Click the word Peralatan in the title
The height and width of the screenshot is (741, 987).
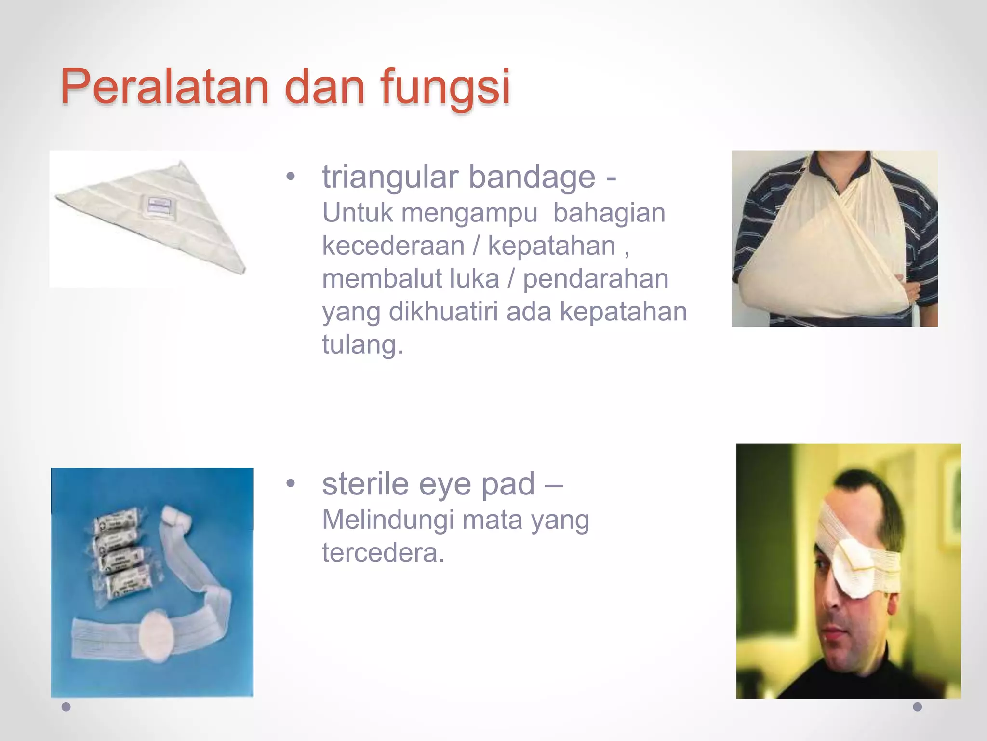pos(164,87)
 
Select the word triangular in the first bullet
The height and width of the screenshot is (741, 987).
pos(390,177)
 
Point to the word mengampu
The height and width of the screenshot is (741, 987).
pos(469,213)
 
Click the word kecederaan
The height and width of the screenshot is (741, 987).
pos(393,246)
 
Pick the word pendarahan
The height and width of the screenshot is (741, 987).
pos(596,278)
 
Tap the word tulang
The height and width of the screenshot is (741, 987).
pos(362,344)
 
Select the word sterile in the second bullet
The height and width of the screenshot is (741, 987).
pos(365,484)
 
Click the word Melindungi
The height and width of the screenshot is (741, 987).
pos(388,520)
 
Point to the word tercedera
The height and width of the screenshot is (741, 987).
pos(383,553)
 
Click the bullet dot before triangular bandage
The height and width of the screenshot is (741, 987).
pos(290,177)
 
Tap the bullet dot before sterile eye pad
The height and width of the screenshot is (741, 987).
pos(290,484)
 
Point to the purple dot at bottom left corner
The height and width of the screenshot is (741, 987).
pos(67,707)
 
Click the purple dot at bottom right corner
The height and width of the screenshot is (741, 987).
pos(918,707)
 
